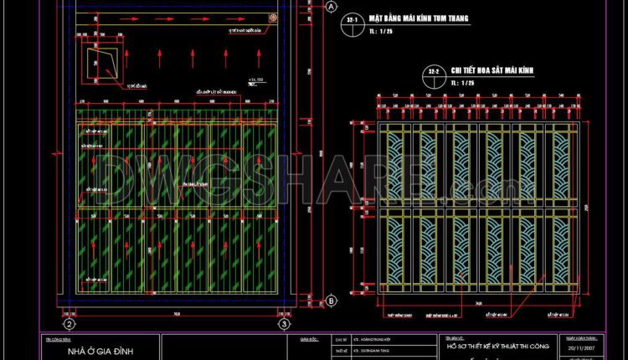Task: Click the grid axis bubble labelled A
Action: (331, 7)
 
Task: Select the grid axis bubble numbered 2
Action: (69, 323)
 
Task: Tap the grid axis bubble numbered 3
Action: (284, 323)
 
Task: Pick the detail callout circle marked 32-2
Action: (434, 72)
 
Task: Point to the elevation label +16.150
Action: (255, 80)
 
